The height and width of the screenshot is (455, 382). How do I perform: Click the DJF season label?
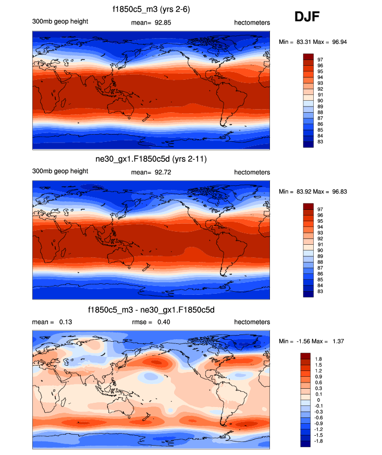tap(307, 17)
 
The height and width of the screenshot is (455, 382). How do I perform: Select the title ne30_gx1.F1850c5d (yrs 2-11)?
tap(151, 159)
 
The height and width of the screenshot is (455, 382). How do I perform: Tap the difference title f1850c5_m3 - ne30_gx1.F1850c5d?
tap(151, 310)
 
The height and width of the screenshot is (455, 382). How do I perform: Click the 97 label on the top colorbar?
tap(320, 59)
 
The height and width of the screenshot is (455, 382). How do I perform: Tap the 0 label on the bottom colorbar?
tap(318, 400)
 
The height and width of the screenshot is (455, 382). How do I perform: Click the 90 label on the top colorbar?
tap(320, 101)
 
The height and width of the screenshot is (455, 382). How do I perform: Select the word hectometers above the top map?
tap(252, 22)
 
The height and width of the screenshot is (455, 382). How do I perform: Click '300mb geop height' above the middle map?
tap(60, 172)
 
